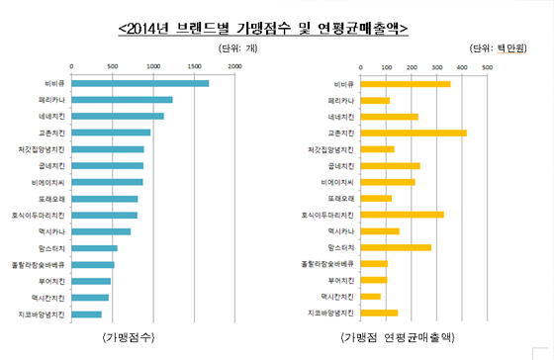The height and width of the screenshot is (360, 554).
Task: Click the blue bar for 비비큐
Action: (139, 83)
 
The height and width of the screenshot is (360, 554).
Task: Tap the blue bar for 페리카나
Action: (122, 100)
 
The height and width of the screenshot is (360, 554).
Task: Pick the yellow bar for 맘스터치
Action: (396, 247)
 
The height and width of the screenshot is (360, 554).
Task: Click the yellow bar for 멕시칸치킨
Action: (371, 297)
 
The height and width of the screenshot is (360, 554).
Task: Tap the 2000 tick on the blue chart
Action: (235, 66)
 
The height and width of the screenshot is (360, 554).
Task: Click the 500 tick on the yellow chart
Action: (487, 66)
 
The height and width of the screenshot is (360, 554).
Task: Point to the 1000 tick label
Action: (153, 66)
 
